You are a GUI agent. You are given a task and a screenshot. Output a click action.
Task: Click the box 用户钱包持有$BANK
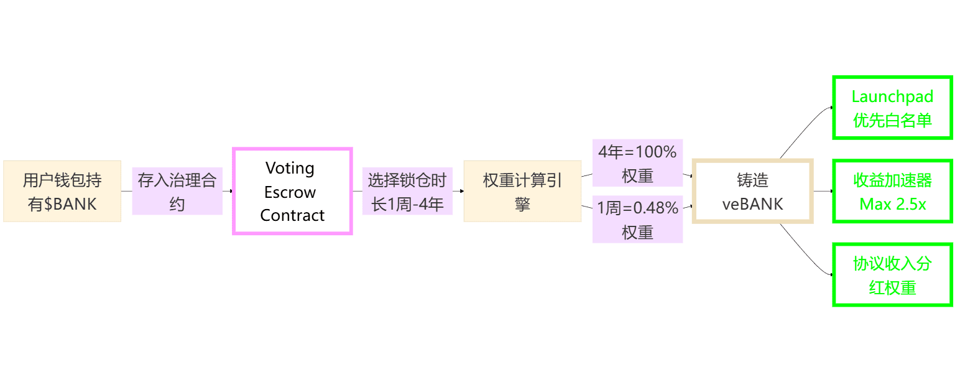click(62, 191)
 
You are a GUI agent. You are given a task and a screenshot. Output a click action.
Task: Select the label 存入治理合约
click(177, 191)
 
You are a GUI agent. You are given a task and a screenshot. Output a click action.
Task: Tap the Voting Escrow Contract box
click(292, 191)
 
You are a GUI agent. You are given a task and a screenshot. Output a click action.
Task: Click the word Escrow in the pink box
click(290, 192)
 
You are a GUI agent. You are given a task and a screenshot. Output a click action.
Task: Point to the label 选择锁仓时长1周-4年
click(407, 191)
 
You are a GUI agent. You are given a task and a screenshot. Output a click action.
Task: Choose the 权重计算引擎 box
click(522, 191)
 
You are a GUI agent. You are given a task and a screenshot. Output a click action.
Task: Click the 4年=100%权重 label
click(637, 163)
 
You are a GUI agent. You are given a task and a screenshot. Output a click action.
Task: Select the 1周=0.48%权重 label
click(637, 220)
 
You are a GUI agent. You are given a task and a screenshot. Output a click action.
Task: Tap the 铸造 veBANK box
click(752, 191)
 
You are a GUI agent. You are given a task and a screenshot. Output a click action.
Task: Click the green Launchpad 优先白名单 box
click(892, 108)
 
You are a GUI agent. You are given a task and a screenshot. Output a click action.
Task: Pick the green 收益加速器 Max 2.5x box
click(892, 191)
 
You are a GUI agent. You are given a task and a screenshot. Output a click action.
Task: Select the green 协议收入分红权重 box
click(892, 275)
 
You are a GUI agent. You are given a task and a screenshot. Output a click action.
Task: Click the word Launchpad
click(892, 97)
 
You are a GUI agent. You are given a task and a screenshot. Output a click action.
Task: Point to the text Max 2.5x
click(892, 203)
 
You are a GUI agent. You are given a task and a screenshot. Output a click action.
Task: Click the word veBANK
click(752, 203)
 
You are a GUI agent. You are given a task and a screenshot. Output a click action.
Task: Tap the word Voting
click(290, 168)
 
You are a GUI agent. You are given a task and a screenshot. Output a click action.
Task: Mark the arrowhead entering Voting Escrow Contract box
click(230, 191)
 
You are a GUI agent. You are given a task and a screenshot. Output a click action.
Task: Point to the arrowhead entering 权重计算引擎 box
click(461, 191)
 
